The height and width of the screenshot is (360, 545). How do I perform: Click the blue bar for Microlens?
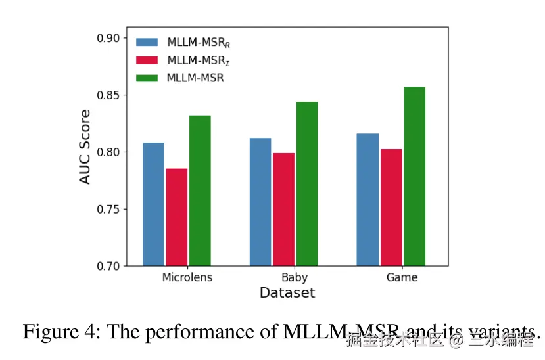[153, 204]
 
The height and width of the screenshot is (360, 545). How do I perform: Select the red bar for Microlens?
[177, 217]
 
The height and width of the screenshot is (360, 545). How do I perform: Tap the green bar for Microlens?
[200, 191]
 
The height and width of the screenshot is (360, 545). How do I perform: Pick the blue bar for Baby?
[260, 202]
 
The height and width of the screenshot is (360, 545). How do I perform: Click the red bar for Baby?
[283, 210]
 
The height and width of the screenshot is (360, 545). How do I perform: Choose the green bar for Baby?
[307, 184]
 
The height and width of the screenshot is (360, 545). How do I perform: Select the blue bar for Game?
[367, 200]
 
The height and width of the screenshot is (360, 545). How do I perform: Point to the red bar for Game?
[391, 208]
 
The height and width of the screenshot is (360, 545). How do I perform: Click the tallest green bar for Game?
[414, 177]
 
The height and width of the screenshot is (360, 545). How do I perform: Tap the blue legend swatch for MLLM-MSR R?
[147, 42]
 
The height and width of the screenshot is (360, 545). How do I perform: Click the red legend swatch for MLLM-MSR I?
[147, 60]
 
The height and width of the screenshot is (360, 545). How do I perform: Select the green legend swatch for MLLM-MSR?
[147, 78]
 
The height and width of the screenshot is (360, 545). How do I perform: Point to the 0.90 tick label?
[108, 38]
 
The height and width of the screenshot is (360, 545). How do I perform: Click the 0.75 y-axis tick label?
[108, 210]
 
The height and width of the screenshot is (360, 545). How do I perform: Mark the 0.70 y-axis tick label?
[108, 267]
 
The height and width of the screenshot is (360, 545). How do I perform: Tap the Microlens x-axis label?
[187, 277]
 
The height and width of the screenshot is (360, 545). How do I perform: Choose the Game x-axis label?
[402, 277]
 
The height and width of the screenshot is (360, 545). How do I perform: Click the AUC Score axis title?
[85, 146]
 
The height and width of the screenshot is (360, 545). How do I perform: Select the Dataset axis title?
[287, 293]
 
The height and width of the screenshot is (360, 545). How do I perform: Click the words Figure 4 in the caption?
[60, 332]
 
